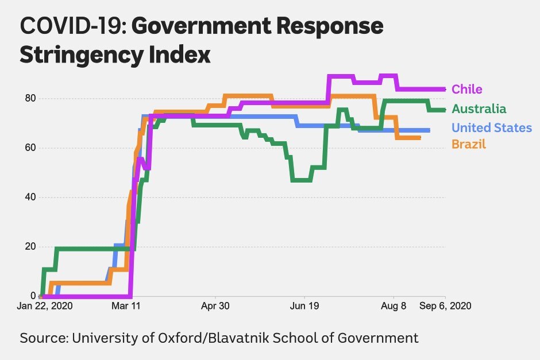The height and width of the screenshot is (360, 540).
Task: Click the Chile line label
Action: click(x=466, y=89)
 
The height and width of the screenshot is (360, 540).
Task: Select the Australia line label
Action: click(x=479, y=109)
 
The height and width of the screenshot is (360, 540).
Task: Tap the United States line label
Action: click(x=491, y=127)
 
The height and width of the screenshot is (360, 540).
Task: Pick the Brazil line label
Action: click(x=468, y=144)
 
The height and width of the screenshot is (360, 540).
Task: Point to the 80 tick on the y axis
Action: click(x=30, y=98)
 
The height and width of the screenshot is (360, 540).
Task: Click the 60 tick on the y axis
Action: click(x=30, y=148)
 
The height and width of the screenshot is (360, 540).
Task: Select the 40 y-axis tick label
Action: click(x=30, y=197)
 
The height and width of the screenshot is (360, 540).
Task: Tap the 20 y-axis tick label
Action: click(x=30, y=246)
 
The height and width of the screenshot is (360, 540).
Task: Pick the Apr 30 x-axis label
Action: click(x=215, y=306)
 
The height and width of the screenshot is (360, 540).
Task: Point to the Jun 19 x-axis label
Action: click(x=305, y=306)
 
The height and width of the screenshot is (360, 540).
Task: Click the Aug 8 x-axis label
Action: click(x=394, y=306)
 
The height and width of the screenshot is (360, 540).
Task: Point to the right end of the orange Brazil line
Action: click(x=420, y=138)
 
